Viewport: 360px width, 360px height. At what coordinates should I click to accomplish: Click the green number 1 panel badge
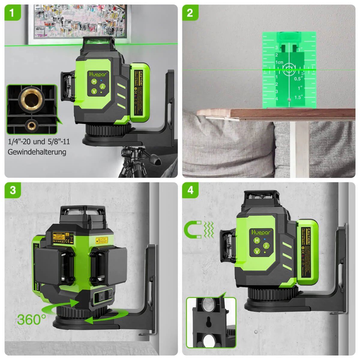point(12,13)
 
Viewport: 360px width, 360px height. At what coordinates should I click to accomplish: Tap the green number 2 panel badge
point(190,13)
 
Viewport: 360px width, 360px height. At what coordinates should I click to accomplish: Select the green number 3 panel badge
point(12,190)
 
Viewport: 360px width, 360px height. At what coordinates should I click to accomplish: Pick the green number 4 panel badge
point(190,190)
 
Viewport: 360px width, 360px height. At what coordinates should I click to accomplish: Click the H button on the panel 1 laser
point(94,82)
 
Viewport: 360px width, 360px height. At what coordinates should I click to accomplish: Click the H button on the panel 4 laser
point(257,240)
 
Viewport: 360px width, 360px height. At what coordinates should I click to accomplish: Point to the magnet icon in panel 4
point(193,229)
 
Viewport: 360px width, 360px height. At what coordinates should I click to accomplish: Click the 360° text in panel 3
point(31,319)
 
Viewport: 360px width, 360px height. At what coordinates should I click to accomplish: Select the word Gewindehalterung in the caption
point(37,152)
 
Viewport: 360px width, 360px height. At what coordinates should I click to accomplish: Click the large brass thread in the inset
point(31,98)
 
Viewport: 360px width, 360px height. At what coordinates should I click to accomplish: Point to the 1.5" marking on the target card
point(298,97)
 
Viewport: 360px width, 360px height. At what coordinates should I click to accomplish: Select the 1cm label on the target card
point(279,62)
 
